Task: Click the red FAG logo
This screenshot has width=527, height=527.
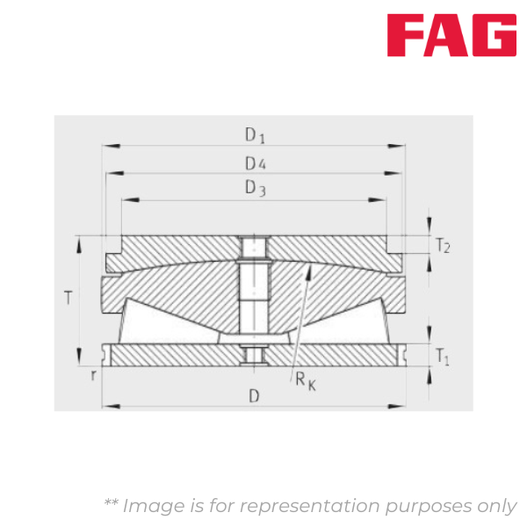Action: pos(452,34)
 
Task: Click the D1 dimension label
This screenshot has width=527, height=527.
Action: pos(255,135)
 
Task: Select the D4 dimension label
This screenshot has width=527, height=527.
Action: pos(255,163)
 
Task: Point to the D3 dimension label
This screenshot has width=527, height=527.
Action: pos(255,188)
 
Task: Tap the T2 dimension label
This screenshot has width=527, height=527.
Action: pos(443,246)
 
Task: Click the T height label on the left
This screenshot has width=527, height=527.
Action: pos(69,299)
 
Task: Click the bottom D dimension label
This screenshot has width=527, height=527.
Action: pos(254,396)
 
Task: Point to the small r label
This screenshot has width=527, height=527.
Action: pos(92,375)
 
